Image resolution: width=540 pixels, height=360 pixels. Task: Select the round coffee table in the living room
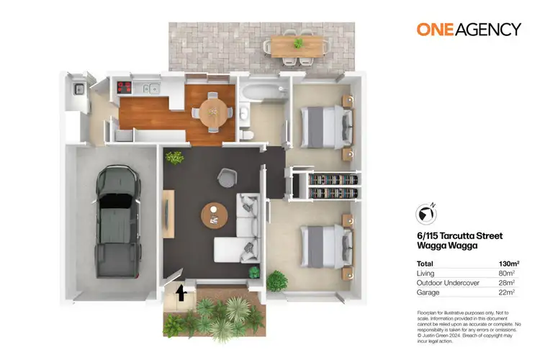point(215,213)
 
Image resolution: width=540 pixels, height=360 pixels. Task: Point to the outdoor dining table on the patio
point(296,43)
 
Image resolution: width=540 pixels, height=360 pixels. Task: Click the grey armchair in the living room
point(227,175)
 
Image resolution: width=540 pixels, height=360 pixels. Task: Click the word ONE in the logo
point(435,30)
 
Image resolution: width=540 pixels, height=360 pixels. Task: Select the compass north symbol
point(426,214)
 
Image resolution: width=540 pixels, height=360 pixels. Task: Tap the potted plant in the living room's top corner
point(174,157)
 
